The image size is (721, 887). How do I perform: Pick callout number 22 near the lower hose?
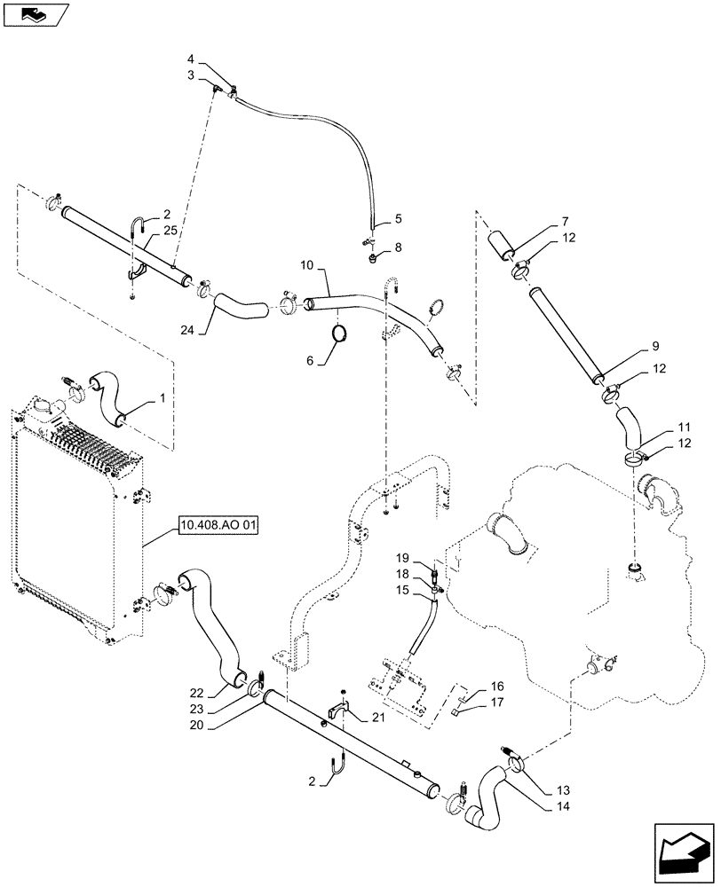(x=196, y=693)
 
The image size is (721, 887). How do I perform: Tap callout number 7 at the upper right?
(x=565, y=220)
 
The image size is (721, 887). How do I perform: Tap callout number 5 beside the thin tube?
(x=398, y=217)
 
